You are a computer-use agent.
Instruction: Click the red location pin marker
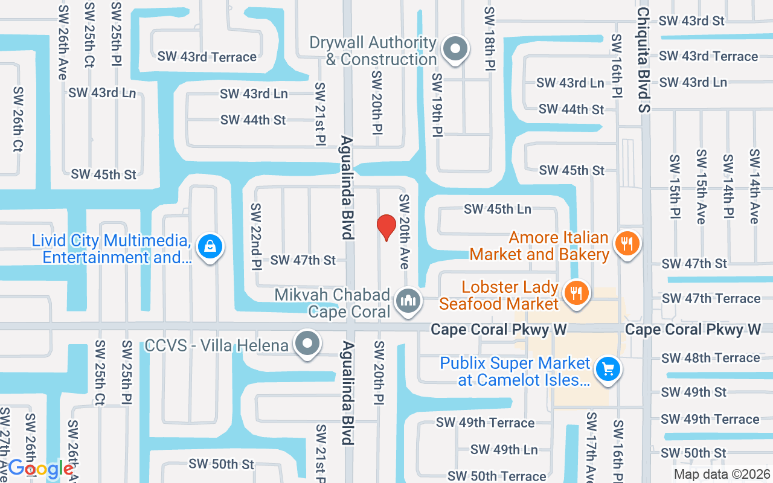pyautogui.click(x=386, y=227)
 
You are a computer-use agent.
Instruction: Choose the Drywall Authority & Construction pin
pyautogui.click(x=455, y=49)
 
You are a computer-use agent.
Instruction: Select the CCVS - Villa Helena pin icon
pyautogui.click(x=308, y=344)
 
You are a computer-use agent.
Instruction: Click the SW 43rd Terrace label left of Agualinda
pyautogui.click(x=207, y=57)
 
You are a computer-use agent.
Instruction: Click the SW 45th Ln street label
pyautogui.click(x=498, y=209)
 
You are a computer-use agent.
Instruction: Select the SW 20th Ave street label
pyautogui.click(x=403, y=231)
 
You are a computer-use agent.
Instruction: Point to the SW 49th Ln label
pyautogui.click(x=504, y=450)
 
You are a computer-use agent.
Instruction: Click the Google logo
pyautogui.click(x=40, y=468)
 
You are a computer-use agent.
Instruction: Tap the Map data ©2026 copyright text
pyautogui.click(x=722, y=475)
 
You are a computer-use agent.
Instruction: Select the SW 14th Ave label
pyautogui.click(x=754, y=187)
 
